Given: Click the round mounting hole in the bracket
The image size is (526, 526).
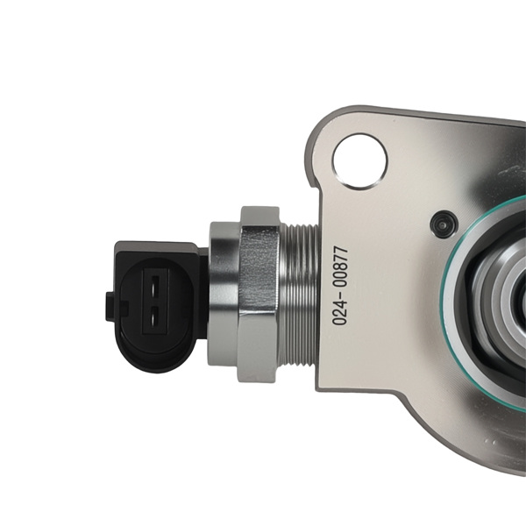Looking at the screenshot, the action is pos(360,161).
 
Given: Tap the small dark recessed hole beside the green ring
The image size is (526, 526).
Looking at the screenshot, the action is pos(444,224).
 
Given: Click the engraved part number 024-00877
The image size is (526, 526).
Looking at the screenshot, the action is pos(340,286).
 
